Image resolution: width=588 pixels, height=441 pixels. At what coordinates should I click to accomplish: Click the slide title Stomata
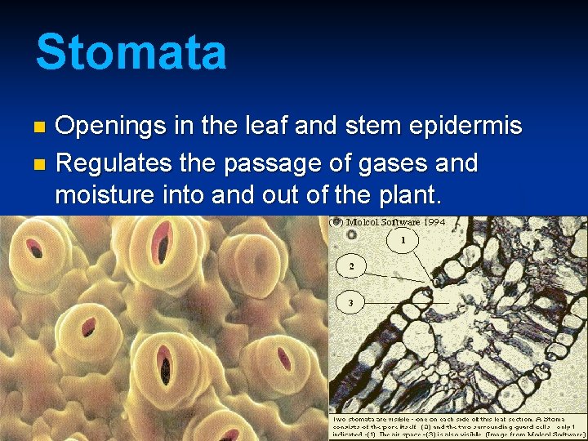[131, 51]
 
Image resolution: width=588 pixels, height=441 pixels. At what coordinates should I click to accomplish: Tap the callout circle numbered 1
[403, 241]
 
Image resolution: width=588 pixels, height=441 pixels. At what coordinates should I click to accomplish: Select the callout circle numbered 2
[351, 266]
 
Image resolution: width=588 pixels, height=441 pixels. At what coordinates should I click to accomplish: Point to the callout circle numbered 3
[351, 303]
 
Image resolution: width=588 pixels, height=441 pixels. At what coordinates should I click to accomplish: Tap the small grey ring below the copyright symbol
[351, 234]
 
